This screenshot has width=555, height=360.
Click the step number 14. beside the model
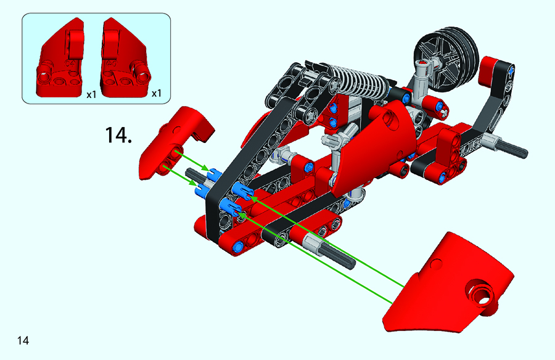pos(118,135)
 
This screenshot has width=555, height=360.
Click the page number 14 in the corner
pos(23,340)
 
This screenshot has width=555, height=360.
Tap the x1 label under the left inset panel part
pos(91,94)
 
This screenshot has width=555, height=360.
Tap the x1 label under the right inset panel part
pos(156,94)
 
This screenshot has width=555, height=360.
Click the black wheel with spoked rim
pos(446,59)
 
